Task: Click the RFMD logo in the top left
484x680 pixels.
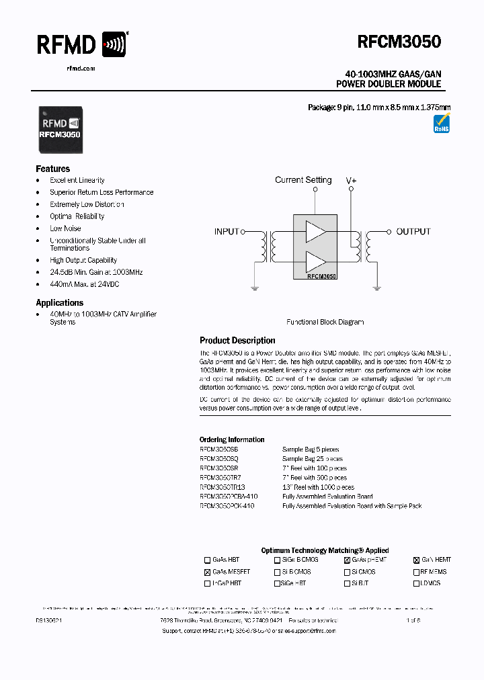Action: point(81,45)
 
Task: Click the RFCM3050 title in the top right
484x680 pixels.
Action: point(399,42)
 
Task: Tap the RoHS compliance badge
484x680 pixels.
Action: point(442,125)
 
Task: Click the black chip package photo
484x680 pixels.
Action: point(61,129)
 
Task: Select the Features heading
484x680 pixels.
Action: point(52,169)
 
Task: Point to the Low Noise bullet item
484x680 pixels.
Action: point(65,228)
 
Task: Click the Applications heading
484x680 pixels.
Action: point(59,303)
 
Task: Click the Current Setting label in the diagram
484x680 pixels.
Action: point(303,180)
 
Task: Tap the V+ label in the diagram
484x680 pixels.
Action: point(351,181)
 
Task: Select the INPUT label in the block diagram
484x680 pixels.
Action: point(227,231)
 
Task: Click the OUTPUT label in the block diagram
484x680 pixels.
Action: point(413,231)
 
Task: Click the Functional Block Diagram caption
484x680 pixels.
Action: point(325,323)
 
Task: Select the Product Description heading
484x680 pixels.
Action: point(237,341)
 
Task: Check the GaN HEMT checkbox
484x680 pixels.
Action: point(417,560)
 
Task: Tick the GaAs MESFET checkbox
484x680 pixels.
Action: point(207,572)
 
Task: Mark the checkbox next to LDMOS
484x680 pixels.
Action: point(417,584)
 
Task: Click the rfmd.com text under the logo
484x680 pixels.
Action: point(81,69)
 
